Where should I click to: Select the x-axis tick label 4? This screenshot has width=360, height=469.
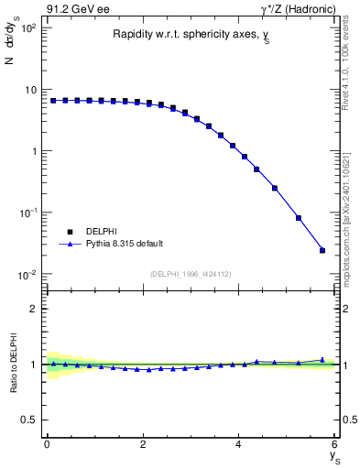click(x=239, y=444)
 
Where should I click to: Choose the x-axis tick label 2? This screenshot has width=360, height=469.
click(x=143, y=444)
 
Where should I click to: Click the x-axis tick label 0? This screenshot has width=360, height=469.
click(x=47, y=444)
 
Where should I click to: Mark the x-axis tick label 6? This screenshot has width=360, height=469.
click(x=335, y=444)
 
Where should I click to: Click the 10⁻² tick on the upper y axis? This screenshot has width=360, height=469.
click(x=27, y=275)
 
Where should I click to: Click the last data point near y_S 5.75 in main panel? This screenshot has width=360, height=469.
click(x=322, y=250)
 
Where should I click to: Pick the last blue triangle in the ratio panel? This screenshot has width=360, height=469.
click(x=322, y=360)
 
